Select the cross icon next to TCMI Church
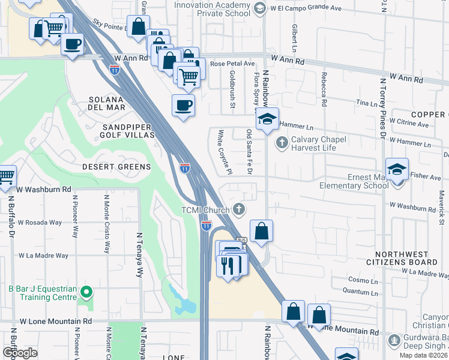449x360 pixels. [x=240, y=209]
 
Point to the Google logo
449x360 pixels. [x=20, y=353]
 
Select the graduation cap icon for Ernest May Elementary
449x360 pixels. [x=397, y=170]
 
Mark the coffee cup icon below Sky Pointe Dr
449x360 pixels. [x=73, y=44]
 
